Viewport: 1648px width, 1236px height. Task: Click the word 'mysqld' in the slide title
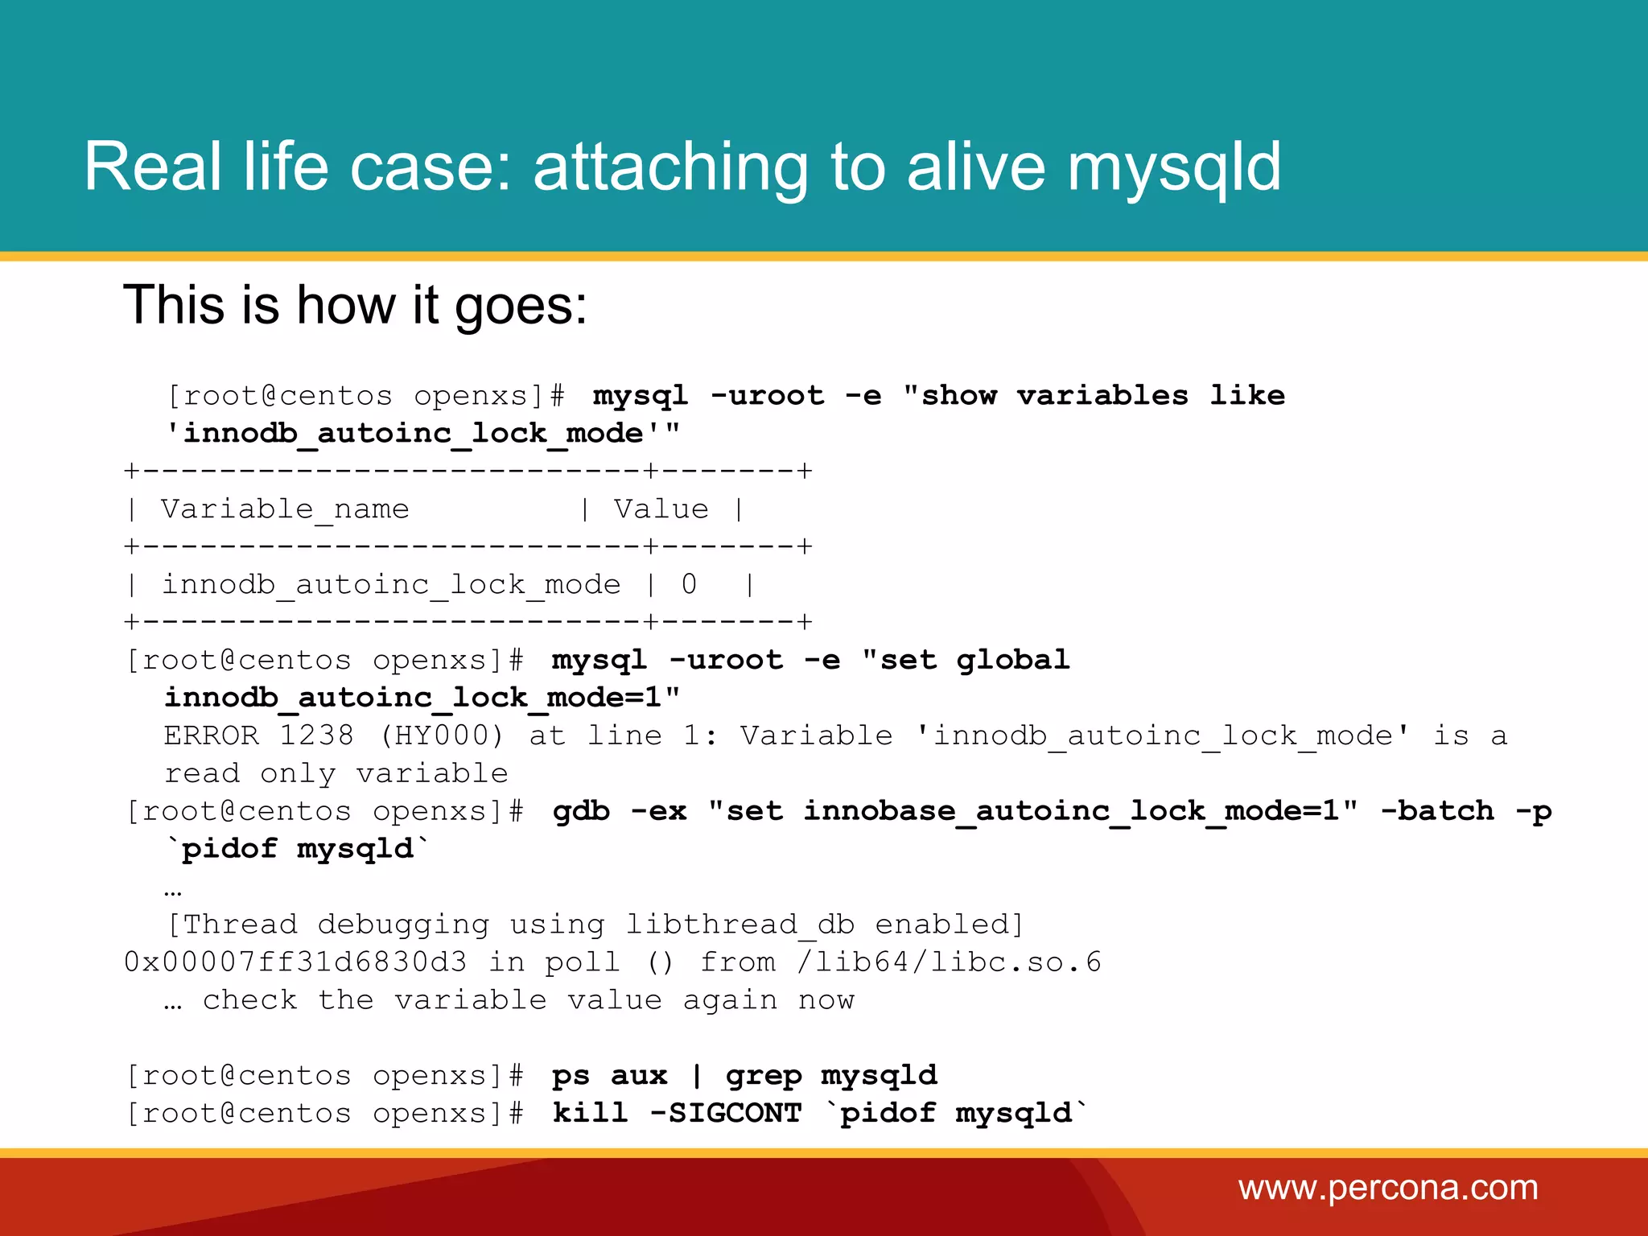coord(1174,167)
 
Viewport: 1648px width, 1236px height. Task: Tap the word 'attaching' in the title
coord(670,167)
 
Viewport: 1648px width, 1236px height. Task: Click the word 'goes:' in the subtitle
coord(521,307)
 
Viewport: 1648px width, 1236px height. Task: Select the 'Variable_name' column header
coord(285,509)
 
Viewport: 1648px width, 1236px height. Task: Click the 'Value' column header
coord(661,509)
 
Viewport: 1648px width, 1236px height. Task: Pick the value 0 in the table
coord(689,584)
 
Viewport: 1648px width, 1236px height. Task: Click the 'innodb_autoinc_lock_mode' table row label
coord(391,584)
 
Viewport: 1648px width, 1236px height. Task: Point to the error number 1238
coord(316,735)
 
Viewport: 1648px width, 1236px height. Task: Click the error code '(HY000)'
coord(442,735)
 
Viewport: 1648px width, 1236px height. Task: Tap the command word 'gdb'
coord(581,811)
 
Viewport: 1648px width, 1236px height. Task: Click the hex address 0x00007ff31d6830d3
coord(295,962)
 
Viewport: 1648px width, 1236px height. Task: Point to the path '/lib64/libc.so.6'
coord(949,962)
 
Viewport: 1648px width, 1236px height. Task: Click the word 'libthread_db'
coord(740,925)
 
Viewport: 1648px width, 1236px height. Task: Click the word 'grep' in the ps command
coord(764,1076)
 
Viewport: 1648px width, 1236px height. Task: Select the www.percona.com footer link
coord(1388,1188)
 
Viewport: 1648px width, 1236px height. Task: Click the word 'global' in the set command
coord(1013,661)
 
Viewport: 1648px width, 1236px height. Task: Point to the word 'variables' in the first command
coord(1102,396)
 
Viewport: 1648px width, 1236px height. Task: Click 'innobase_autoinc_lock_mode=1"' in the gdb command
coord(1081,811)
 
